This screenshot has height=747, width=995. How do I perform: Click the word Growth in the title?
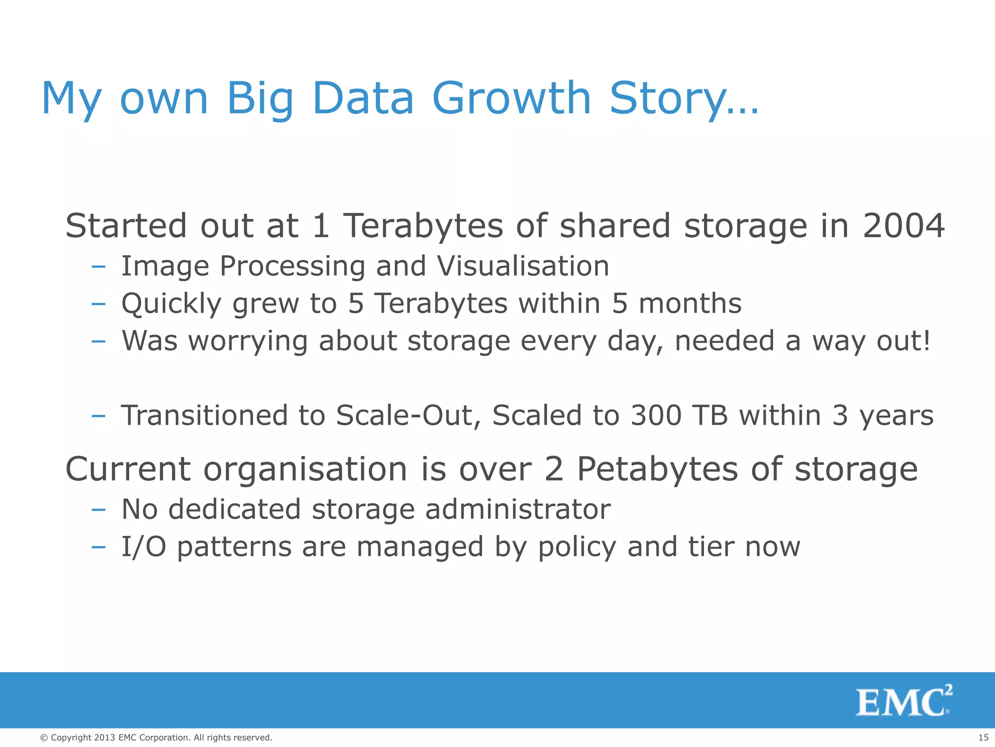511,99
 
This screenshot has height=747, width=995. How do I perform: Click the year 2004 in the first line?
904,226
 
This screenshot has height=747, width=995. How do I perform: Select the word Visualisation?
523,267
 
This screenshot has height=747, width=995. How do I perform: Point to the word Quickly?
171,304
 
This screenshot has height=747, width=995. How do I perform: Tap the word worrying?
248,341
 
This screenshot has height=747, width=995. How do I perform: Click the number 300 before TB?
656,416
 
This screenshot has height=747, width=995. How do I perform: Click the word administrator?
517,510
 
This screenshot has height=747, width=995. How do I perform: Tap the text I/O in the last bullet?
144,547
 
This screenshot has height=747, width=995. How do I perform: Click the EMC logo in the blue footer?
903,701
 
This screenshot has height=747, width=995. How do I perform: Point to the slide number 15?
983,738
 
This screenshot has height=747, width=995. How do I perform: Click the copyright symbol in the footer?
44,738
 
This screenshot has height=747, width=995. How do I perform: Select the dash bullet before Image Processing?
98,267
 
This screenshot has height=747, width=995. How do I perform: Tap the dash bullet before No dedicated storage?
98,510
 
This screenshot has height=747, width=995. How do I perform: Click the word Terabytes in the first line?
423,226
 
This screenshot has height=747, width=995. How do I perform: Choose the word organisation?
305,470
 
